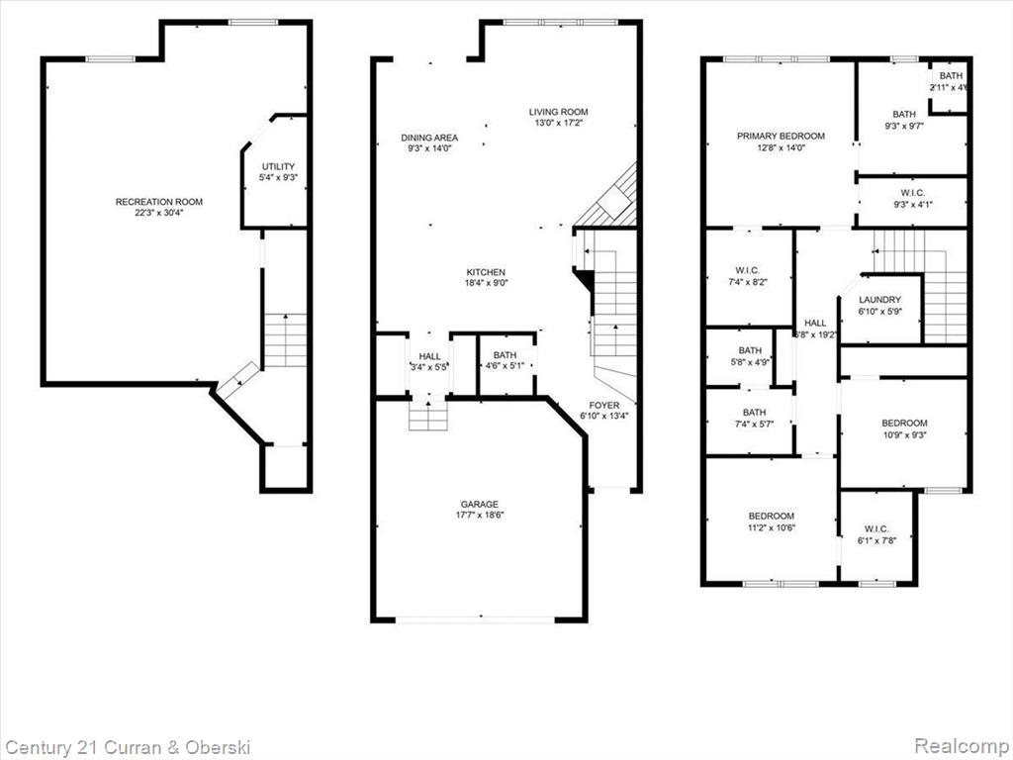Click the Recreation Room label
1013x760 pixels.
[x=159, y=202]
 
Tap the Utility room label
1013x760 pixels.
[x=278, y=166]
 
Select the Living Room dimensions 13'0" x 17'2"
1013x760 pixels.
[x=559, y=123]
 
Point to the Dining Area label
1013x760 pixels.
[x=429, y=137]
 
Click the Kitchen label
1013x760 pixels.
[x=487, y=272]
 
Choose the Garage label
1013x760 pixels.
[x=480, y=504]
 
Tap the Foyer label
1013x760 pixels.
[x=604, y=405]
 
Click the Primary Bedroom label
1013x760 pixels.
[x=782, y=136]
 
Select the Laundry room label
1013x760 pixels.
[x=879, y=299]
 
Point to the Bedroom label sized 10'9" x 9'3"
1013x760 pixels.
[x=904, y=423]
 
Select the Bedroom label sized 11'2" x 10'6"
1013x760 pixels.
[x=772, y=516]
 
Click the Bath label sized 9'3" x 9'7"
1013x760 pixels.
[x=904, y=115]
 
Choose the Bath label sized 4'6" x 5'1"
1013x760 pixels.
[x=505, y=355]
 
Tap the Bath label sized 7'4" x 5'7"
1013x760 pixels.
[x=754, y=412]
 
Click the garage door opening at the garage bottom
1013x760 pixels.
[x=475, y=619]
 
